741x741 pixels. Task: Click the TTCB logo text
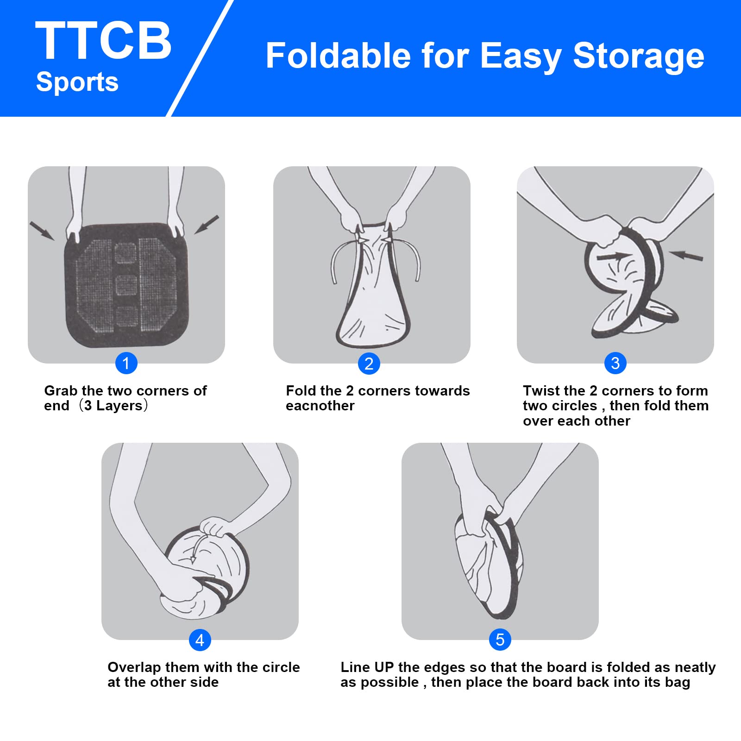coord(103,41)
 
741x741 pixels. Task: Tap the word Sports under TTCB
coord(77,82)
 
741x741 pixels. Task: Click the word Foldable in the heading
coord(339,56)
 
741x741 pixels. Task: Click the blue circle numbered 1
coord(126,363)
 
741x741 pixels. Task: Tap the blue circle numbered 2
coord(369,364)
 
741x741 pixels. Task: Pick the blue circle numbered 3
coord(615,363)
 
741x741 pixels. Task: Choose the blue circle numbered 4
coord(200,640)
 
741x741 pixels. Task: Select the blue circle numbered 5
coord(500,640)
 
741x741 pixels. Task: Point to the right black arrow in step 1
coord(207,225)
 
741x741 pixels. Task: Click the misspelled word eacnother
coord(320,406)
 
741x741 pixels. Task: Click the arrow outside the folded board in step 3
coord(686,255)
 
